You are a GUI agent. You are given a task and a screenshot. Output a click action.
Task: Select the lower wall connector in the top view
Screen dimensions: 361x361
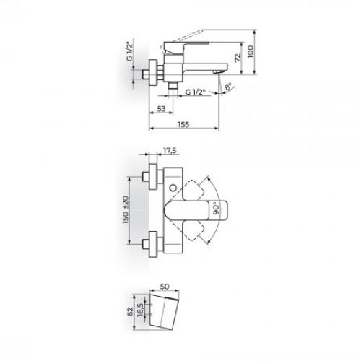[152, 243]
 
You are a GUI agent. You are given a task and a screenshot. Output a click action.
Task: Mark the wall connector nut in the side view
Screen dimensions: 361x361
[152, 74]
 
